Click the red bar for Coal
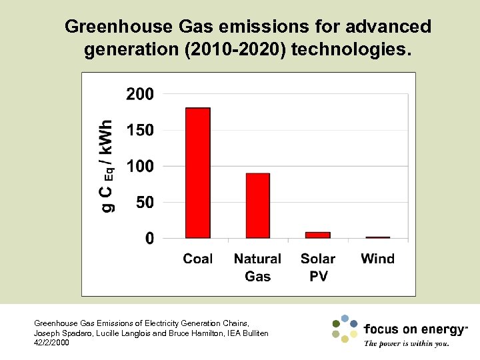click(197, 173)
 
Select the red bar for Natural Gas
click(257, 205)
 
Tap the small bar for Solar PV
click(318, 235)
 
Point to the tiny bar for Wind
click(378, 237)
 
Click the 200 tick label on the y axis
click(140, 94)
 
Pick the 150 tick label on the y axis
click(140, 130)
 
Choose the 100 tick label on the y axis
click(140, 166)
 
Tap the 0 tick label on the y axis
click(149, 238)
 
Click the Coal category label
click(198, 259)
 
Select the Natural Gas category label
click(257, 267)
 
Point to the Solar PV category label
click(318, 267)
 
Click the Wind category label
click(378, 259)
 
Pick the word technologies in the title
click(351, 49)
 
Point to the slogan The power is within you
click(406, 344)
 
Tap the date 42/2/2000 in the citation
click(51, 342)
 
